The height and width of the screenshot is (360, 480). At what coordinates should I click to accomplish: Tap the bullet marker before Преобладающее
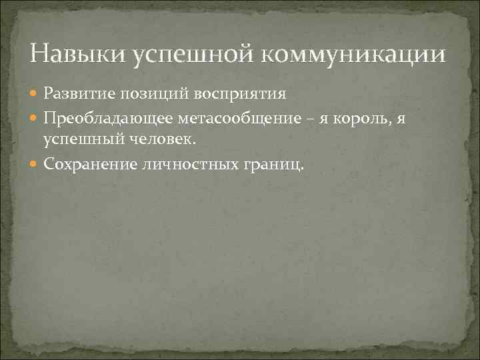(35, 119)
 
